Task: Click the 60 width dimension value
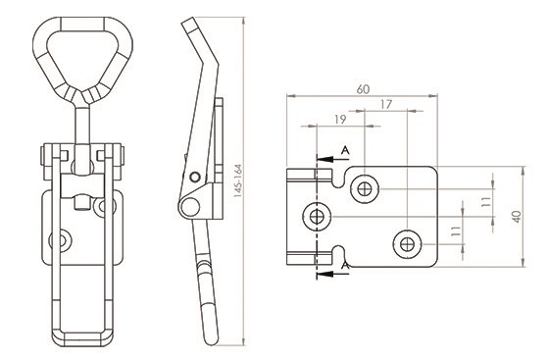(363, 89)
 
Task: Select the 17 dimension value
(385, 104)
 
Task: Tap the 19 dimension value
(339, 120)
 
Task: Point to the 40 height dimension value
(518, 217)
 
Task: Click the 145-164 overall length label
(238, 180)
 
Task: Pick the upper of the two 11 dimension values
(485, 202)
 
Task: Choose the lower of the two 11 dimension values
(456, 231)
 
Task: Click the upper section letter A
(345, 151)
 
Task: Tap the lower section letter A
(345, 266)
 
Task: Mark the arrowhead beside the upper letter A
(324, 159)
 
